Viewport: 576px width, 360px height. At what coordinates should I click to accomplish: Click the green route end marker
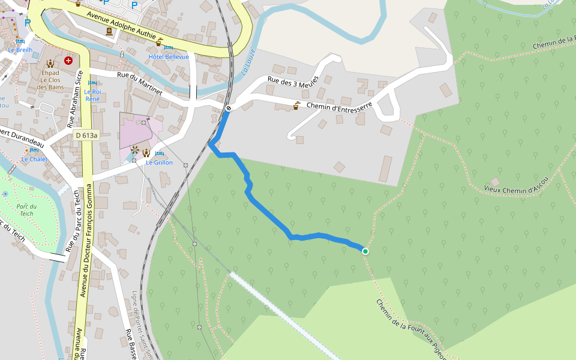click(365, 251)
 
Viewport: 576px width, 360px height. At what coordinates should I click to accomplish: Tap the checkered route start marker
click(229, 109)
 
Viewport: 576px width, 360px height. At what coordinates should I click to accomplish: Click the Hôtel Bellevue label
click(169, 57)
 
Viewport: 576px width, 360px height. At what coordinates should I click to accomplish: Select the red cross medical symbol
click(68, 61)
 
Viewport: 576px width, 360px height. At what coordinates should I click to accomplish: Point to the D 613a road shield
click(86, 136)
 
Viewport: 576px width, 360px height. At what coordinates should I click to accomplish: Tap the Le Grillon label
click(159, 163)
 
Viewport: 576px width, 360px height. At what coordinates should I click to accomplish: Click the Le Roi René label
click(92, 95)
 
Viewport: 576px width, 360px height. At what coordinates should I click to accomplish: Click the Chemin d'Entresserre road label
click(339, 106)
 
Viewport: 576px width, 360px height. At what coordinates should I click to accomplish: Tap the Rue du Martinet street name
click(139, 83)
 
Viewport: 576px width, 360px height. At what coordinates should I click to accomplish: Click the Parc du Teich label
click(26, 210)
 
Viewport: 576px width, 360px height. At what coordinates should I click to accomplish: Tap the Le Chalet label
click(34, 160)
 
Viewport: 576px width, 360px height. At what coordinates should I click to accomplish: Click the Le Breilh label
click(20, 50)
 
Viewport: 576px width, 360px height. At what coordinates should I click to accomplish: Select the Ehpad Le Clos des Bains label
click(50, 80)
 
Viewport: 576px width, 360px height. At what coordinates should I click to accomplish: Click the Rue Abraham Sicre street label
click(75, 99)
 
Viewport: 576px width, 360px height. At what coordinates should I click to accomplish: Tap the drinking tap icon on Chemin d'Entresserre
click(296, 106)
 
